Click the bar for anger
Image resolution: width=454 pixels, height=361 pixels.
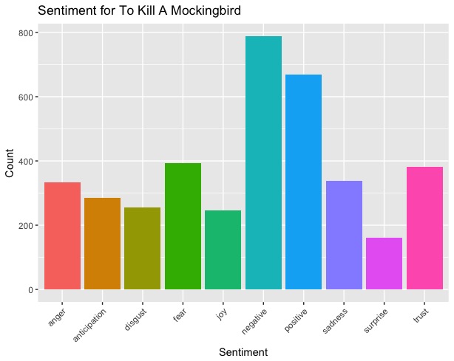point(62,235)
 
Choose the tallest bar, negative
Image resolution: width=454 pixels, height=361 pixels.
point(263,162)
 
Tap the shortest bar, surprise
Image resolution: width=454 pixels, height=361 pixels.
point(384,263)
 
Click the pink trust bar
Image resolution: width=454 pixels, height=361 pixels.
point(424,228)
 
